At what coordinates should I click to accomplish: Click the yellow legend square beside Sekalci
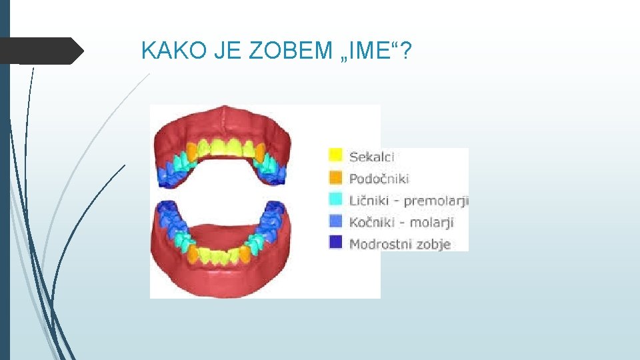click(x=336, y=156)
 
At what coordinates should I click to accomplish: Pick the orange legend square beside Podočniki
click(x=336, y=178)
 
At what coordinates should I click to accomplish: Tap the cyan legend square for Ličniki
click(x=336, y=200)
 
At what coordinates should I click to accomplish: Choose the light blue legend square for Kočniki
click(x=336, y=221)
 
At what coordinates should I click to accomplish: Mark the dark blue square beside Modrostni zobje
click(x=336, y=243)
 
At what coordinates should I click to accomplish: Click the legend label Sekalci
click(x=372, y=157)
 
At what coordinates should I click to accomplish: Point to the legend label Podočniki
click(x=379, y=178)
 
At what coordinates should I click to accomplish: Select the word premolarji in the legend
click(x=437, y=201)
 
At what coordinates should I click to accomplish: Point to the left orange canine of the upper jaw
click(x=191, y=151)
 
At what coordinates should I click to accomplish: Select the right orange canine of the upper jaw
click(x=260, y=151)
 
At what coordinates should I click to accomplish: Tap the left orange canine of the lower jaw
click(x=193, y=253)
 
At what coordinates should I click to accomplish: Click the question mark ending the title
click(x=407, y=49)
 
